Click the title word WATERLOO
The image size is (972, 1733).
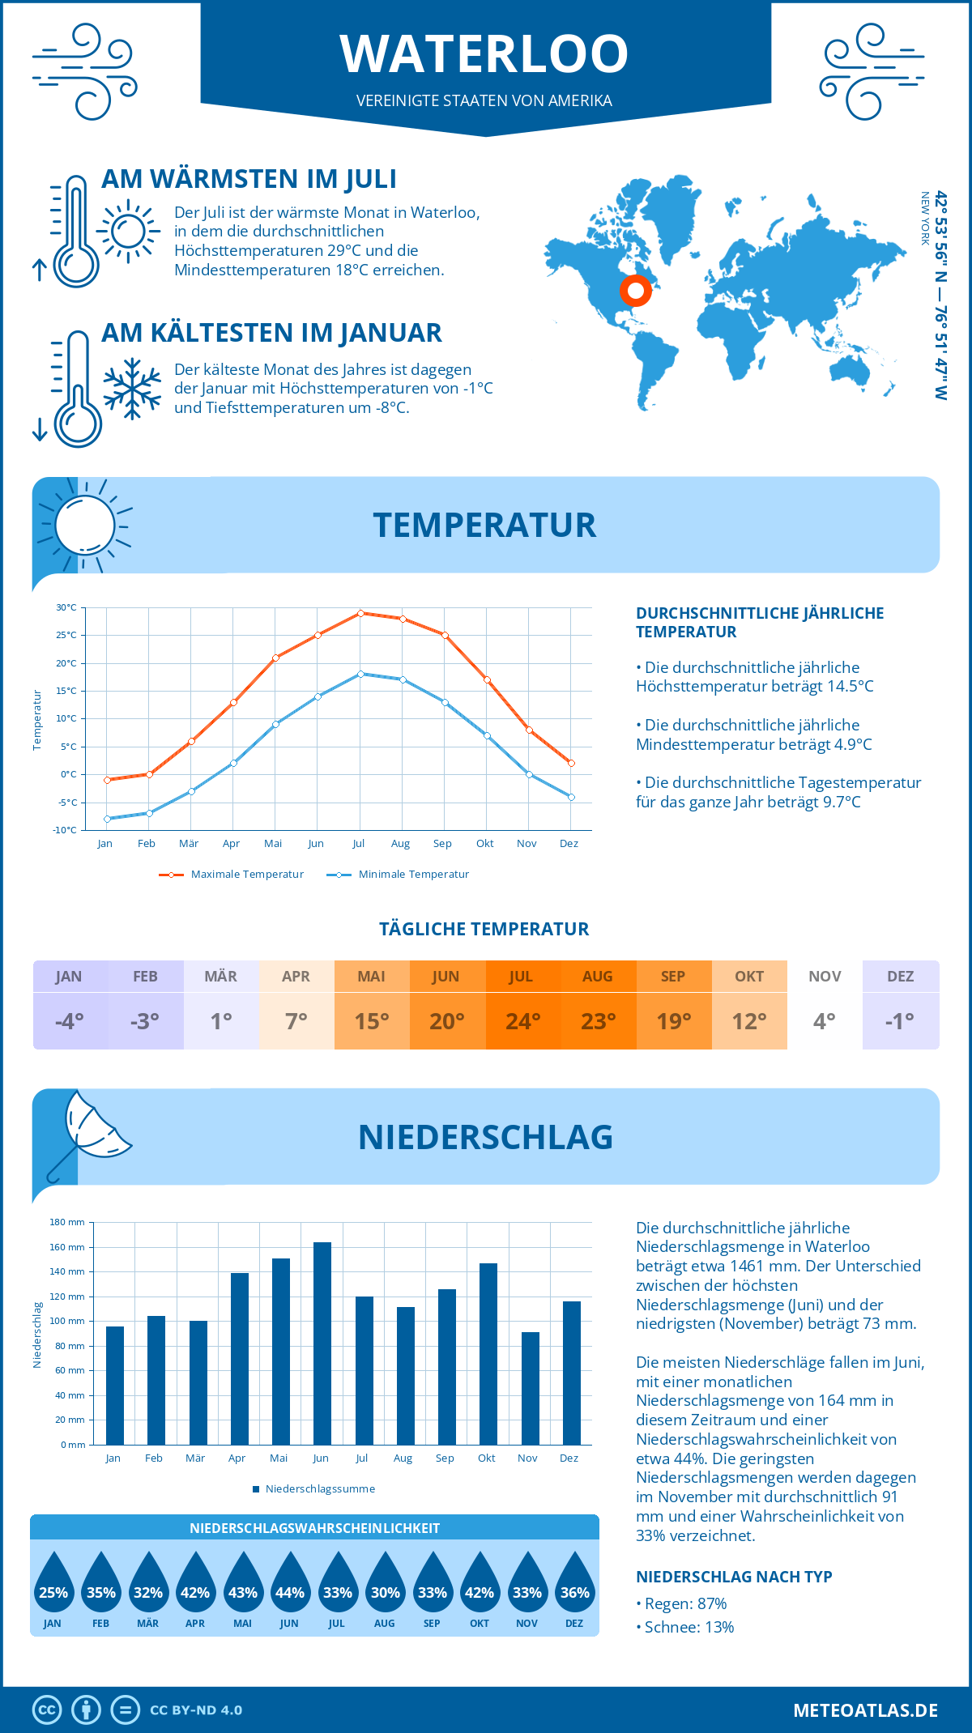coord(484,54)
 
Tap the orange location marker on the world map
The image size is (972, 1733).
coord(636,290)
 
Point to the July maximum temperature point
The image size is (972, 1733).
coord(361,613)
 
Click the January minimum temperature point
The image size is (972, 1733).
coord(107,819)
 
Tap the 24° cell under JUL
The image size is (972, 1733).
coord(522,1021)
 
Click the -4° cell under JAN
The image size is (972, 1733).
coord(70,1021)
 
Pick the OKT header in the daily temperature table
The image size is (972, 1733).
coord(749,977)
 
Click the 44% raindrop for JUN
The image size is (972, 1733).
coord(290,1586)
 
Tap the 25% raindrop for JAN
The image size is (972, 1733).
coord(53,1586)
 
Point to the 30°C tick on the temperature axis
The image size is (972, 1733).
coord(66,607)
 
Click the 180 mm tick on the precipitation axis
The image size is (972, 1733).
coord(67,1222)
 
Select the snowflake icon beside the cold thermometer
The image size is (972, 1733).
coord(132,389)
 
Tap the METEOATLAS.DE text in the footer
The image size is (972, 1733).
coord(865,1710)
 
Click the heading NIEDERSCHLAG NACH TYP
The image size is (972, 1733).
coord(734,1577)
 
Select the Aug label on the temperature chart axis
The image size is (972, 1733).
coord(400,844)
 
